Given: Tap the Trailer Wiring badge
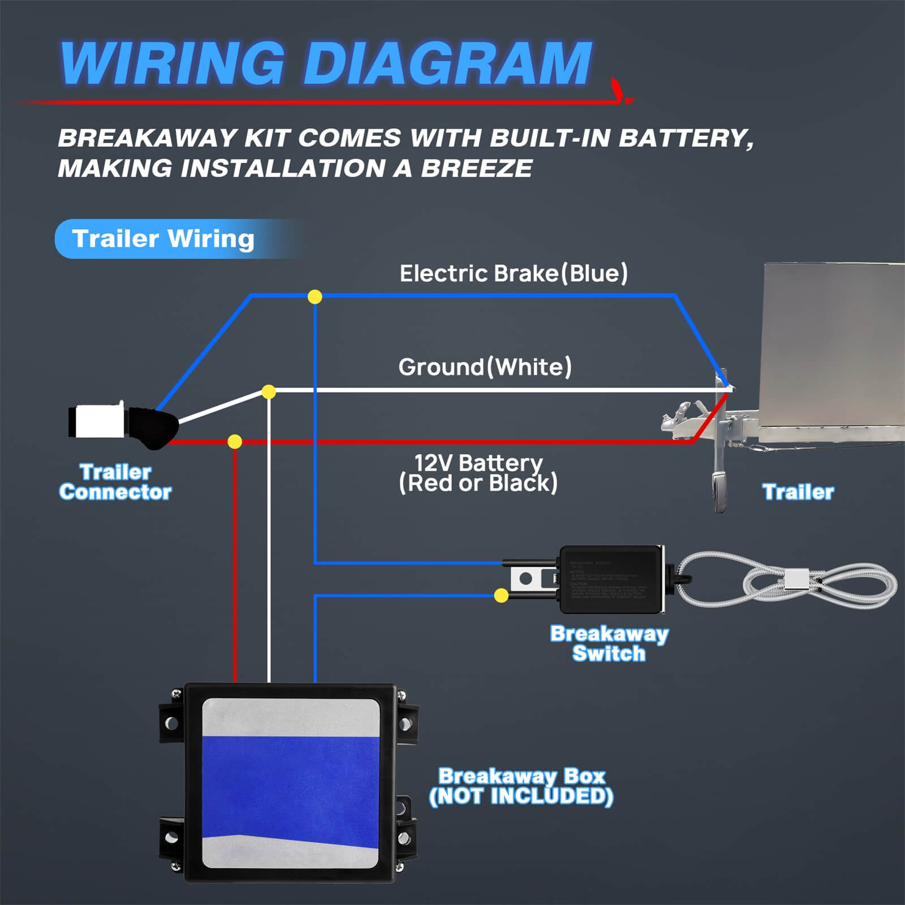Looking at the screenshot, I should [x=163, y=239].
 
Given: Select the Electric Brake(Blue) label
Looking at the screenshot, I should [x=514, y=273].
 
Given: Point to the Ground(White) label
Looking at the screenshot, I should [x=485, y=367].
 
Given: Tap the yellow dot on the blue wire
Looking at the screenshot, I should [x=314, y=296].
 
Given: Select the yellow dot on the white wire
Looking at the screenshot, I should [x=269, y=391].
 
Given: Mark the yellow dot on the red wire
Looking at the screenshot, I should [x=235, y=441].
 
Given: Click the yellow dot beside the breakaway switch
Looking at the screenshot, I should [x=501, y=595].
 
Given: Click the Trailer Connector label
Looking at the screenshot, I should [x=115, y=482].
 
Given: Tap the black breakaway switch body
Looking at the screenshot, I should [x=611, y=579].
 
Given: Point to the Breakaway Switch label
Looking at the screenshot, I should [x=609, y=643].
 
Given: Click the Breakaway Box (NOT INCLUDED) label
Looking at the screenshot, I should [x=521, y=786].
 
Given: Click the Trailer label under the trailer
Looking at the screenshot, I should [x=798, y=492].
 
